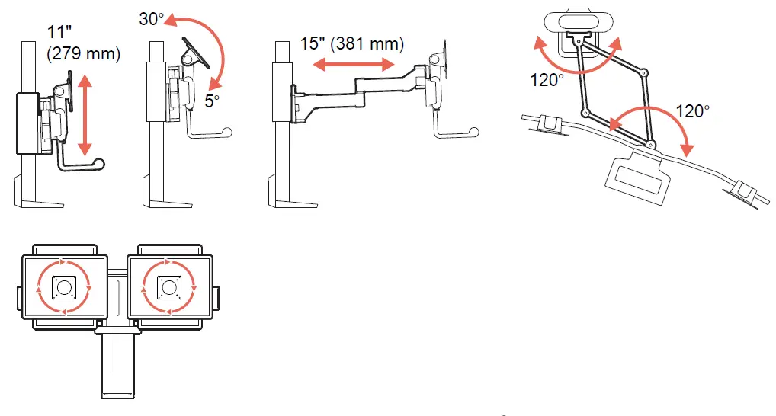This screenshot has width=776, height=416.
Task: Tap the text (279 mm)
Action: pos(82,55)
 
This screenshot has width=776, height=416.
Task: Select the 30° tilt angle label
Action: pos(152,17)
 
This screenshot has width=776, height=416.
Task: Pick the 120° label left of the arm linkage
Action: pos(547,80)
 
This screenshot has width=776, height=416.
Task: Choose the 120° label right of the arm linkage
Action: pos(691,111)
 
